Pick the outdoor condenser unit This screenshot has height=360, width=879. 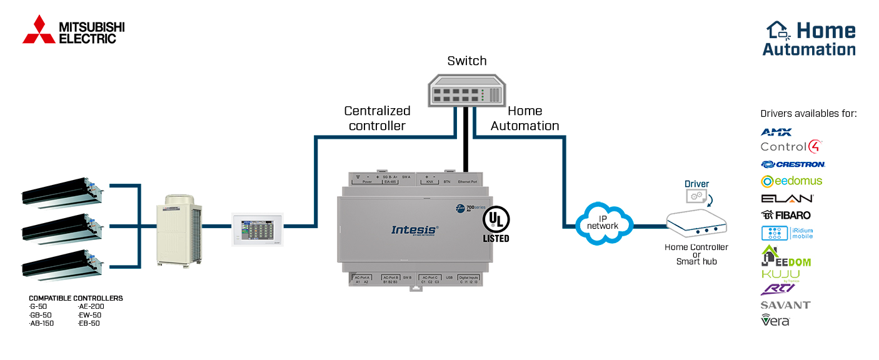point(181,231)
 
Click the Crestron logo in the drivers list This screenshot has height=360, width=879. point(793,164)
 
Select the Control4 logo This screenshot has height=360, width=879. point(790,147)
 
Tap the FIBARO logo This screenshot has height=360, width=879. point(786,215)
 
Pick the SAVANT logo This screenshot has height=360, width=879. point(785,305)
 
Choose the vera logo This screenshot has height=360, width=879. point(775,320)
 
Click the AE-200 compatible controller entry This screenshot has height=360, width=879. point(91,306)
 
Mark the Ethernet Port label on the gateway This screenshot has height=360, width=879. point(466,181)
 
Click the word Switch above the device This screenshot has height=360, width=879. point(466,61)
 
